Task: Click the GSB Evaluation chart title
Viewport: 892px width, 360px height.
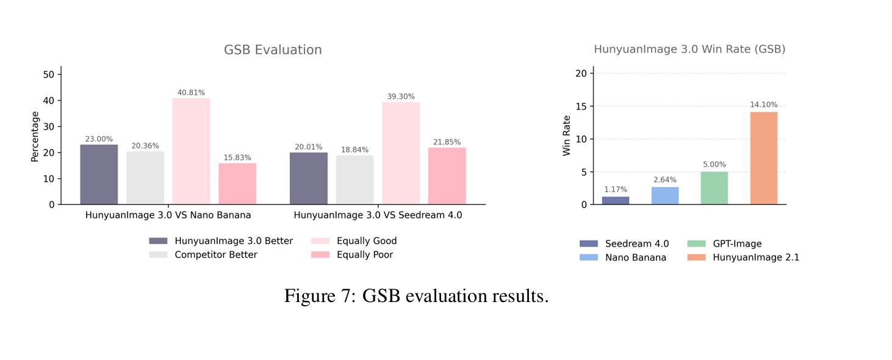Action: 273,50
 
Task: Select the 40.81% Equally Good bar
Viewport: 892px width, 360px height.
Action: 191,151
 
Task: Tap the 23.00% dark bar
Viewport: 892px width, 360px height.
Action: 99,174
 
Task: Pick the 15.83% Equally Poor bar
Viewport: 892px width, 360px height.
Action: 237,184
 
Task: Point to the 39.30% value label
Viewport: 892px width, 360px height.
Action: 401,96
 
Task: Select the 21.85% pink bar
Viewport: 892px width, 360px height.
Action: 447,176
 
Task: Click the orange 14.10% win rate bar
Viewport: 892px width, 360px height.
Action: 763,158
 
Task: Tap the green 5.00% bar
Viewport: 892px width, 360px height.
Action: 714,188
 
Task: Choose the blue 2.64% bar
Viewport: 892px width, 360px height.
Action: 665,195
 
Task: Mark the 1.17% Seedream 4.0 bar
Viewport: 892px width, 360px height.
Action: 616,200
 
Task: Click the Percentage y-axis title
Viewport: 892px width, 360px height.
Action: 35,136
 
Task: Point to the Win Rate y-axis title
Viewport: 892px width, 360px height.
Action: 567,135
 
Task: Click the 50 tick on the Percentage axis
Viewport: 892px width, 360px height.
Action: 49,74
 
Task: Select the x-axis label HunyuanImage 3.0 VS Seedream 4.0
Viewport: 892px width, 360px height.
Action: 378,215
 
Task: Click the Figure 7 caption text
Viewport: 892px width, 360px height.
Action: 416,296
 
